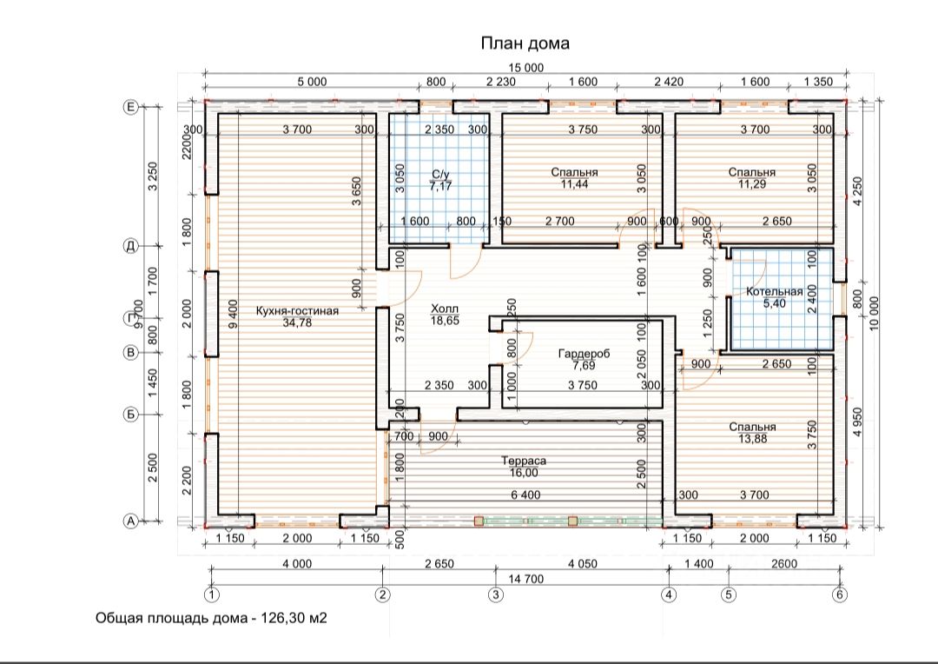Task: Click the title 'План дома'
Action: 525,43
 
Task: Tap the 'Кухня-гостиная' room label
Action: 297,311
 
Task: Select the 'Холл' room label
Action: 445,309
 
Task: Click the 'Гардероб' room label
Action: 584,354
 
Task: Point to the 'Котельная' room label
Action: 775,291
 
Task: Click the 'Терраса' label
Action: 524,461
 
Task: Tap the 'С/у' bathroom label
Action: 440,174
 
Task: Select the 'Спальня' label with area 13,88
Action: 752,427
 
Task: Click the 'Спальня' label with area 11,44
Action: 574,172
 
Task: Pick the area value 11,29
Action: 752,183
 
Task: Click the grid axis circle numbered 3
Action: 495,594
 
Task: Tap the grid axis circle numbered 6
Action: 841,594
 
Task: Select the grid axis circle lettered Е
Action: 130,107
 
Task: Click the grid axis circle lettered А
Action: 130,521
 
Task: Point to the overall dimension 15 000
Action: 525,68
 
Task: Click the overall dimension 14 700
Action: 525,578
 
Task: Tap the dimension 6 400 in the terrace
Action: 525,495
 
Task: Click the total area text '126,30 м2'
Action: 294,618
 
